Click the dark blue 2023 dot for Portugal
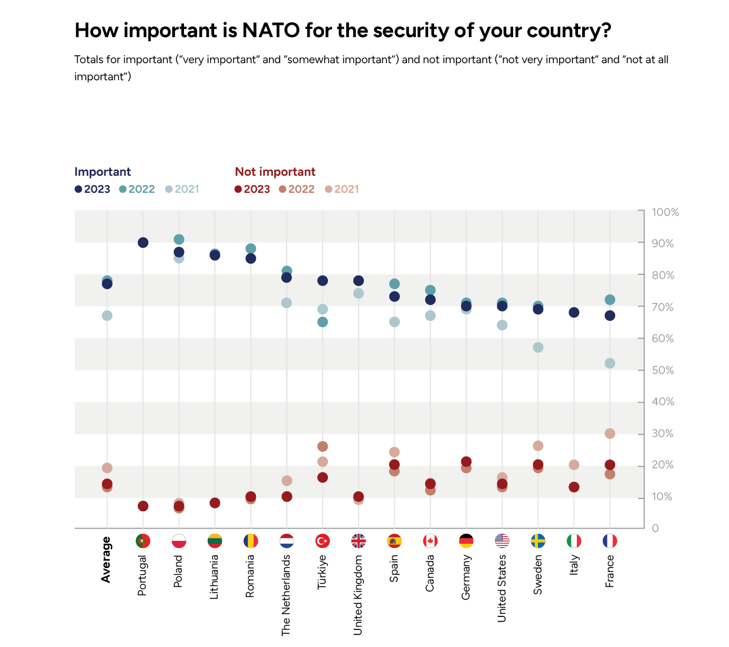143,242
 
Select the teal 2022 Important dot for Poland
179,239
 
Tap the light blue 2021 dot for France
610,363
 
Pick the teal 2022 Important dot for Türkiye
323,322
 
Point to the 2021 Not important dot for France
610,433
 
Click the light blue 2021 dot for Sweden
538,347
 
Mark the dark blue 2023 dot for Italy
574,313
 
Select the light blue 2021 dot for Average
107,316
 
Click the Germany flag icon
466,541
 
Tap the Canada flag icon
430,541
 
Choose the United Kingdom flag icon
358,541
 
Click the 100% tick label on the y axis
665,212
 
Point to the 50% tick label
662,370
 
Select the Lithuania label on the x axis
214,577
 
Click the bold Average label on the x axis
106,560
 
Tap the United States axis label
502,587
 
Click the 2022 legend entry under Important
137,189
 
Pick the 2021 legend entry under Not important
342,189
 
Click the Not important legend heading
275,172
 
